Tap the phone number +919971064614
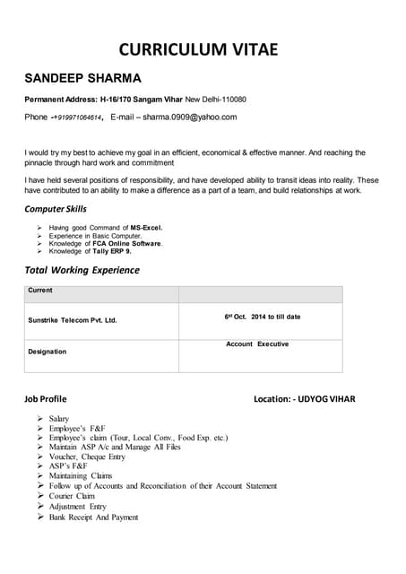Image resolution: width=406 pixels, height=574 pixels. pyautogui.click(x=76, y=117)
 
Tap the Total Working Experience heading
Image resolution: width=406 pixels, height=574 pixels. pyautogui.click(x=82, y=270)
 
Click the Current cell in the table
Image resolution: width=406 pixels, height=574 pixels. pyautogui.click(x=40, y=291)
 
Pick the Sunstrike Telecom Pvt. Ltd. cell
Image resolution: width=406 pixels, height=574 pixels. pyautogui.click(x=73, y=319)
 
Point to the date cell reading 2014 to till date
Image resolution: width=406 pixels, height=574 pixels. pyautogui.click(x=263, y=317)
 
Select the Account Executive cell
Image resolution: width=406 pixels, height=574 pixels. pyautogui.click(x=257, y=344)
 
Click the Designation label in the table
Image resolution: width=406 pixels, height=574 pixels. pyautogui.click(x=48, y=352)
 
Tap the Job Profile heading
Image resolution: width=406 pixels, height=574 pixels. pyautogui.click(x=45, y=397)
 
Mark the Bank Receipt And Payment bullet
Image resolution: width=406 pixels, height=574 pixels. pyautogui.click(x=93, y=517)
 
